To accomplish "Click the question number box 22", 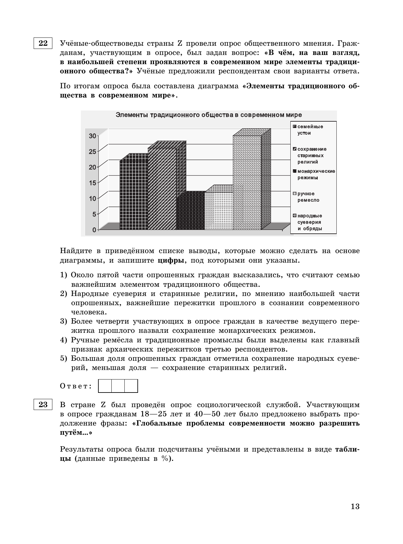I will (x=43, y=43).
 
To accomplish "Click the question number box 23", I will (x=43, y=405).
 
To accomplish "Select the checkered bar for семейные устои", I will (x=134, y=195).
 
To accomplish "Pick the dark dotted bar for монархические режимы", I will (x=190, y=211).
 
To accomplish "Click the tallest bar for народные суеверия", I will (x=247, y=183).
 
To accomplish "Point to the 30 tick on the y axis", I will (x=92, y=136).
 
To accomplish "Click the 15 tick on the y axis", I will (x=92, y=183).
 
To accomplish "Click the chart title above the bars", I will (x=208, y=115).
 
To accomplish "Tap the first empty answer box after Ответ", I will (x=105, y=386).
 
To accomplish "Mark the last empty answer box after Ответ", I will (x=131, y=386).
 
